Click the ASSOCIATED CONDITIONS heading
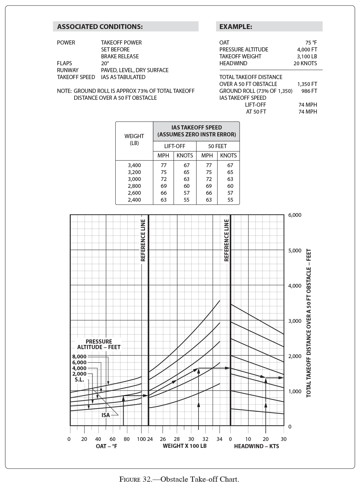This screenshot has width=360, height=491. (100, 27)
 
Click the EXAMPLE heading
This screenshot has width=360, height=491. (236, 27)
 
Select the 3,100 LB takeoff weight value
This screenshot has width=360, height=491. (307, 56)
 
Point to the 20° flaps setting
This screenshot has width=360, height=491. (105, 63)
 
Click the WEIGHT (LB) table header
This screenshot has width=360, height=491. (134, 139)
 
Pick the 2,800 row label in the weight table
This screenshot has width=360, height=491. (134, 186)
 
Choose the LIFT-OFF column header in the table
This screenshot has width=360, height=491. (174, 146)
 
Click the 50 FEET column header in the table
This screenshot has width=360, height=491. (217, 146)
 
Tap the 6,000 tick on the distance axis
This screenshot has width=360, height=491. (294, 215)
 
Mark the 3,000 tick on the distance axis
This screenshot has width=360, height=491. (294, 321)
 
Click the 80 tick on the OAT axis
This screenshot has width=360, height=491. (127, 439)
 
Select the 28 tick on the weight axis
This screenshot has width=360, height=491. (177, 439)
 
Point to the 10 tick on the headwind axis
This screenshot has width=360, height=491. (248, 439)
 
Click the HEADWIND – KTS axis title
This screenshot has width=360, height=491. (256, 446)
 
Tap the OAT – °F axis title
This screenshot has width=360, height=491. (107, 446)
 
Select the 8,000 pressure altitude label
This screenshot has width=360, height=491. (79, 356)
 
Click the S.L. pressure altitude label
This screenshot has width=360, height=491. (79, 379)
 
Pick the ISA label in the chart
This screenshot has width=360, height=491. (106, 415)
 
